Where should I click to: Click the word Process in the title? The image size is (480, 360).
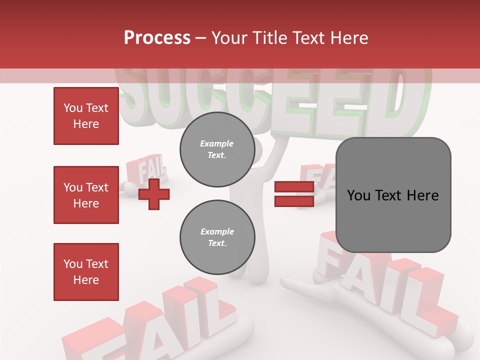click(x=157, y=37)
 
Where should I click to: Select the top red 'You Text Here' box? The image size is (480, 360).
click(x=86, y=116)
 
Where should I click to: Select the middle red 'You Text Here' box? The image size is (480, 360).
click(x=86, y=195)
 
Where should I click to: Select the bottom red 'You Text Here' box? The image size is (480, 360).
click(x=86, y=272)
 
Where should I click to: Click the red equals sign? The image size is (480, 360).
click(x=294, y=194)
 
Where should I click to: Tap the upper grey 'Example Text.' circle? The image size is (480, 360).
click(x=217, y=149)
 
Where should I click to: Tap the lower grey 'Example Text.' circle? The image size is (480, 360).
click(x=217, y=237)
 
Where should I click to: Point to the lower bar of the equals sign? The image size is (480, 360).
click(x=294, y=201)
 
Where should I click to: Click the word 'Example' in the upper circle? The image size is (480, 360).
click(x=217, y=143)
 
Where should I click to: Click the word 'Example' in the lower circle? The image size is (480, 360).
click(x=217, y=231)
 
